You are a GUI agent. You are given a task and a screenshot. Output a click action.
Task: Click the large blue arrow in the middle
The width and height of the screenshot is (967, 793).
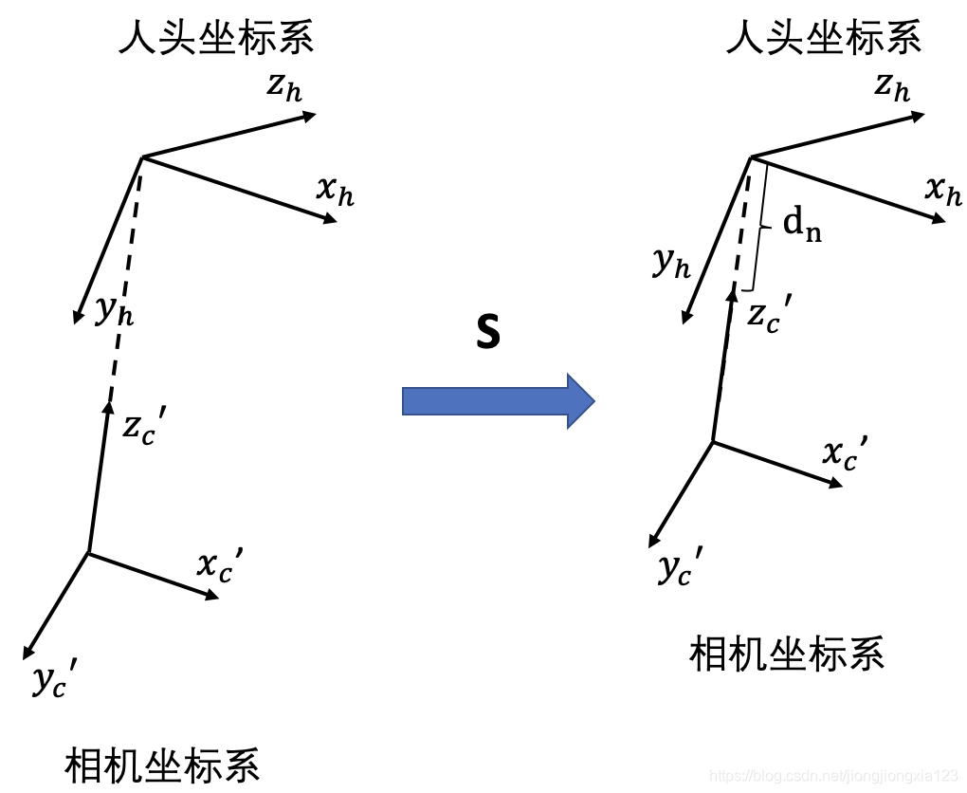[498, 401]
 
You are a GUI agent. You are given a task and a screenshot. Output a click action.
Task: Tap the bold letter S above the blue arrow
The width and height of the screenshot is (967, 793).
[487, 333]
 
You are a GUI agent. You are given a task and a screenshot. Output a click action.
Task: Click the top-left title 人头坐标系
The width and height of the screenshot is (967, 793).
[216, 38]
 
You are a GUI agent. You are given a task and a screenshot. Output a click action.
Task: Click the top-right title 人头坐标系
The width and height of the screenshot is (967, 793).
[824, 38]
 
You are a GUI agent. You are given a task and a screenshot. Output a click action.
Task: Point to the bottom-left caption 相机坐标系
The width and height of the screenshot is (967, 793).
[162, 765]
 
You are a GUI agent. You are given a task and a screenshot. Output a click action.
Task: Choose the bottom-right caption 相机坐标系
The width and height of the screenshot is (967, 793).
[787, 654]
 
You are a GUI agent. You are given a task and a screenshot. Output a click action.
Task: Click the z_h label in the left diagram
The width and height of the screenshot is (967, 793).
[285, 87]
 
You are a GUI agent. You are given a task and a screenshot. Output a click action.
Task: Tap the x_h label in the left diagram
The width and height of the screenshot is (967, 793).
[336, 191]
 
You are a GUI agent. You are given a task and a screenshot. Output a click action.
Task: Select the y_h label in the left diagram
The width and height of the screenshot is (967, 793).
[114, 310]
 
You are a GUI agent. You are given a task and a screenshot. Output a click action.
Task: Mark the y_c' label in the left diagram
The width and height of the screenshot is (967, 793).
[53, 680]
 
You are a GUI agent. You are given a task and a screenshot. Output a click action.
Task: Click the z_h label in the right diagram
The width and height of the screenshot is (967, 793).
[892, 87]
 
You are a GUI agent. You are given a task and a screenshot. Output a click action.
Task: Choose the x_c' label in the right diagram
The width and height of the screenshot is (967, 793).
[844, 454]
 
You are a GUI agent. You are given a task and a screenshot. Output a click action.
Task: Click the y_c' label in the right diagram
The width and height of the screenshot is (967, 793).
[680, 569]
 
